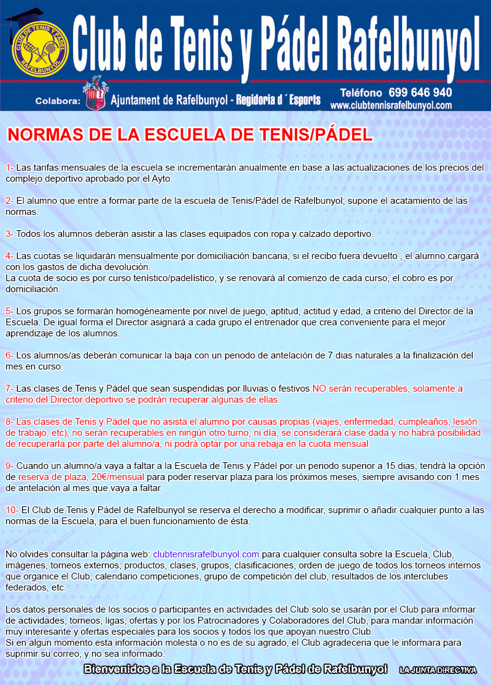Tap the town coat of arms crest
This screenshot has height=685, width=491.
(x=95, y=94)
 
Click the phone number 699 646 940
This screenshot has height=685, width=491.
(x=420, y=93)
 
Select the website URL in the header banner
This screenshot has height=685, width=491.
(x=391, y=106)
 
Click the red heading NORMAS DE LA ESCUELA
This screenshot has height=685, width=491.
(x=189, y=135)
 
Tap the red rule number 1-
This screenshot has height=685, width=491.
(x=10, y=168)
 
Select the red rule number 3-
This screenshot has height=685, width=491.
(x=10, y=234)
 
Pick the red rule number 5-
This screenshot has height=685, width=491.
(x=10, y=311)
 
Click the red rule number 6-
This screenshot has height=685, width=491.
(x=10, y=355)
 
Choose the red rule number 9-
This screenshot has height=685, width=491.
(x=10, y=466)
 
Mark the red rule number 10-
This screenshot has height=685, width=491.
(x=12, y=510)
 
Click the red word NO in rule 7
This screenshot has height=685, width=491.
(x=319, y=389)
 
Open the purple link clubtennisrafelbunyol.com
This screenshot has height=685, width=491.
(x=206, y=554)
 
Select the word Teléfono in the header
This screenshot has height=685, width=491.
(x=361, y=93)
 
